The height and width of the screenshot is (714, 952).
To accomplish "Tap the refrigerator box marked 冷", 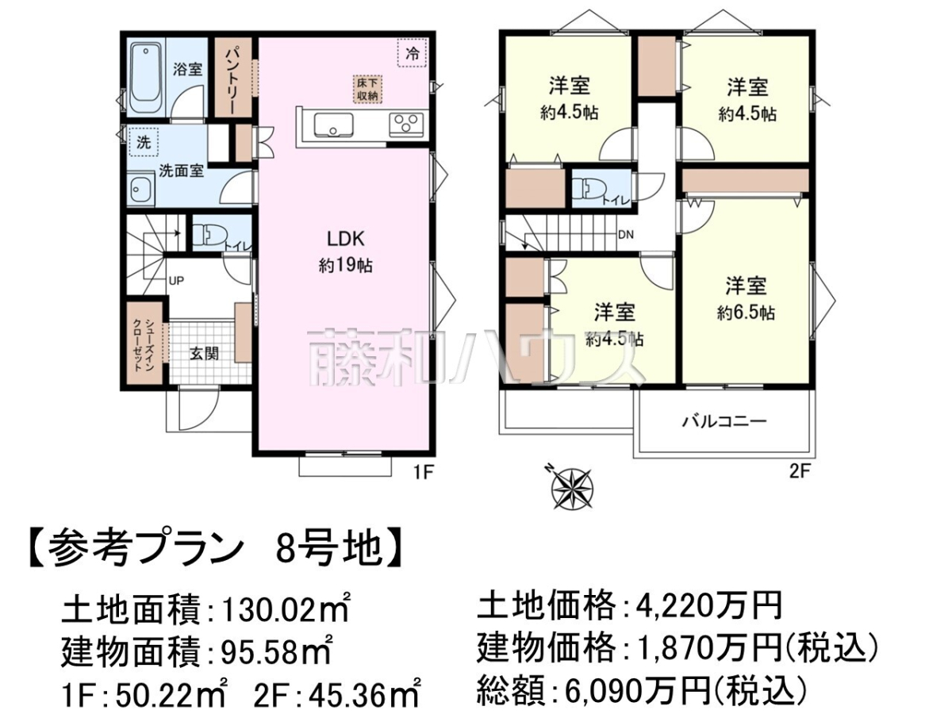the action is pos(413,52).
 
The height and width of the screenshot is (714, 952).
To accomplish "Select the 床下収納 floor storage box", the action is pos(367,90).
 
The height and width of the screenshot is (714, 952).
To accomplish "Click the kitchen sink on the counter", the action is pos(333,125).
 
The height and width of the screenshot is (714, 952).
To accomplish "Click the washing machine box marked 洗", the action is pos(144,142).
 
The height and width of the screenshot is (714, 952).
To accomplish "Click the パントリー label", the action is pos(230,81).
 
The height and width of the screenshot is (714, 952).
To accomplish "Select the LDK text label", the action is pos(346,239).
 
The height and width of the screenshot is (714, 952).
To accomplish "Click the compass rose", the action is pos(572,489).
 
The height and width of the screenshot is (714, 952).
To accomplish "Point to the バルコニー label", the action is pos(725,421).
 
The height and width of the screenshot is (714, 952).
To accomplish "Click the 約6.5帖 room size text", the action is pos(746,313).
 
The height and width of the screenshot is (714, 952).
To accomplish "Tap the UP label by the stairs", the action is pos(176,281).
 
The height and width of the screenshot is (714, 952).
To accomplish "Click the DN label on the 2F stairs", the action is pos(626,235).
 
